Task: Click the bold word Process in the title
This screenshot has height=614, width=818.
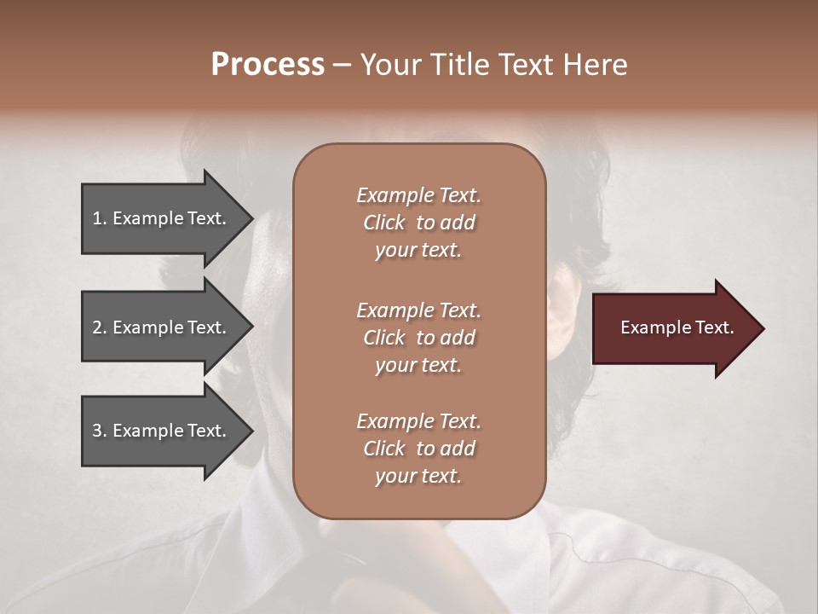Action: coord(268,65)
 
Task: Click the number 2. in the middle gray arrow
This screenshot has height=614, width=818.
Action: coord(99,327)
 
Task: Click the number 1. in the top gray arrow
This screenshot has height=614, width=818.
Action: coord(99,218)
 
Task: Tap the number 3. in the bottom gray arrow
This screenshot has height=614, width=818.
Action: coord(99,431)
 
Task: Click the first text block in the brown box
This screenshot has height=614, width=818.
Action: coord(418,223)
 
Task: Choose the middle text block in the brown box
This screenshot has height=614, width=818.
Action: coord(418,338)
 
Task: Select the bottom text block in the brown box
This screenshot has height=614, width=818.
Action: coord(418,449)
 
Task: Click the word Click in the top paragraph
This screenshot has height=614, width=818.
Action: coord(384,223)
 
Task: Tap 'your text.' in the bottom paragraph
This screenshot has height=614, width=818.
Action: coord(418,476)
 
